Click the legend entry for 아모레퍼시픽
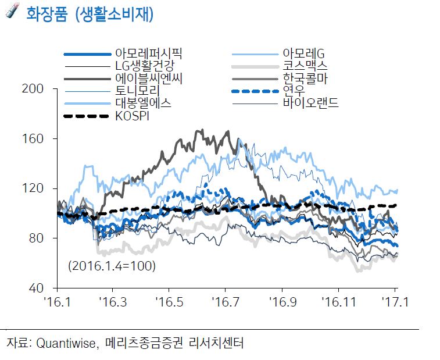click(149, 54)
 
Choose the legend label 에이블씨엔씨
click(149, 79)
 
